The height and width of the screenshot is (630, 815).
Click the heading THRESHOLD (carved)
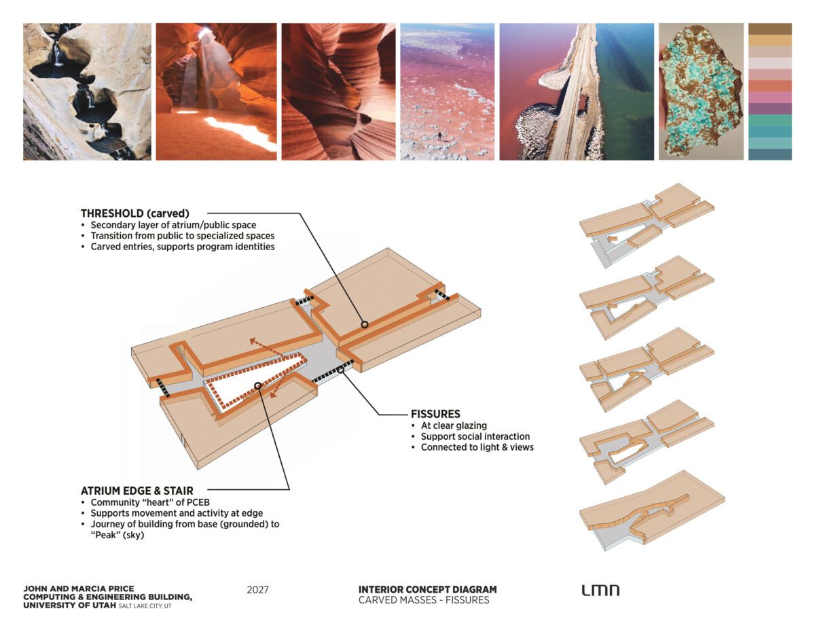pos(135,213)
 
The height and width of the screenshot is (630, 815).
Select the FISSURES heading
pos(435,414)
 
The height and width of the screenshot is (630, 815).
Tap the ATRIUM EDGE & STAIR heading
pos(137,491)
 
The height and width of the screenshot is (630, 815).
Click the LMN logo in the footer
pos(600,590)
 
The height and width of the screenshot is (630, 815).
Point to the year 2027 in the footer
pos(257,590)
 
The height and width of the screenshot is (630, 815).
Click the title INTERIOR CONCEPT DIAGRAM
pos(428,589)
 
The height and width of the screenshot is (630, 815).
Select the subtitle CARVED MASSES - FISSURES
pos(424,600)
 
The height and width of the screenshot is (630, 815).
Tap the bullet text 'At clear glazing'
pos(454,425)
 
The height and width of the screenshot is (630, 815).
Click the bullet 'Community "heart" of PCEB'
pos(150,502)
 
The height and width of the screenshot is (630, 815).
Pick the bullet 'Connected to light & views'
pos(477,447)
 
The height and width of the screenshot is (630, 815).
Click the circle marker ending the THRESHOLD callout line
pos(365,325)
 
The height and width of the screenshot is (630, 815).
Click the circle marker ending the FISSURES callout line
pos(340,370)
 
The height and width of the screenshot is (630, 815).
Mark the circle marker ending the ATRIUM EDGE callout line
pos(257,385)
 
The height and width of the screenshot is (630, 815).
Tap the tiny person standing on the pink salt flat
pos(440,136)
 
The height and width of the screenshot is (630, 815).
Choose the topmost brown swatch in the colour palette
pos(770,29)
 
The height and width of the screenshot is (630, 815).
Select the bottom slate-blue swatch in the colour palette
pos(770,154)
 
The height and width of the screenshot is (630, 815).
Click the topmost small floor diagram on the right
pos(646,225)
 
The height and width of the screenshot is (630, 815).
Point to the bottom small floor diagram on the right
pos(652,510)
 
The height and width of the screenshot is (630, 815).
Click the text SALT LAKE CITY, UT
pos(145,606)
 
